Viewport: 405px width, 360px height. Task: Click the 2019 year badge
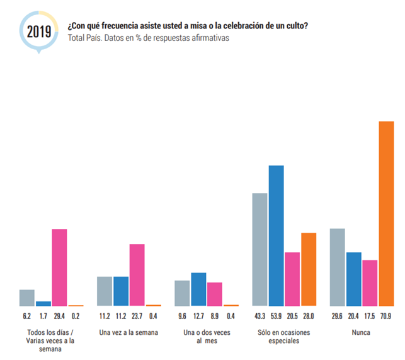[38, 30]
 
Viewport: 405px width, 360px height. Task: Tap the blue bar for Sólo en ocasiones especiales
[276, 235]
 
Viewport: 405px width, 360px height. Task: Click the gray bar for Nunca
[337, 267]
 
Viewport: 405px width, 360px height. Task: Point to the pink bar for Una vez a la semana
[137, 274]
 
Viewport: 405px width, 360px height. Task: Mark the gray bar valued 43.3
[260, 249]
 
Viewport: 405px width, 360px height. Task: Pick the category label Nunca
[362, 332]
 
